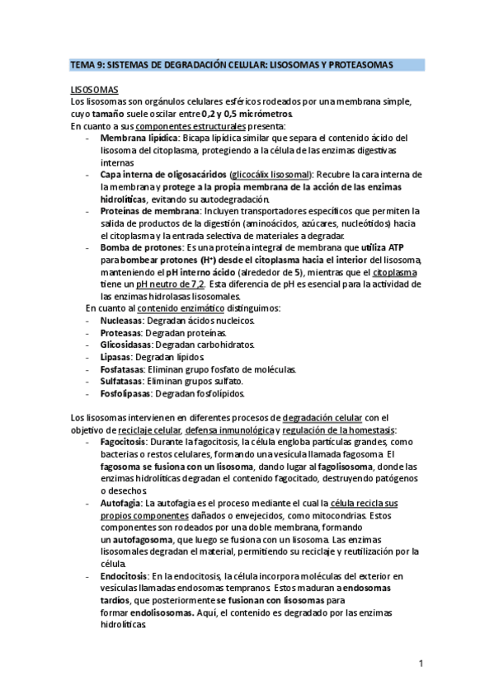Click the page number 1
421,664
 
